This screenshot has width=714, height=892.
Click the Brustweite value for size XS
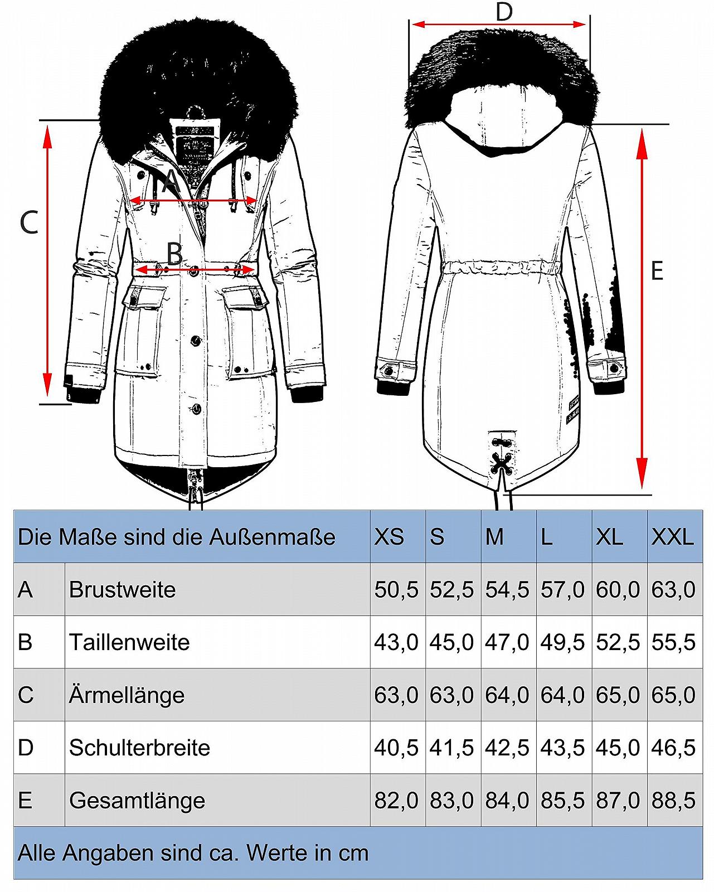coord(396,589)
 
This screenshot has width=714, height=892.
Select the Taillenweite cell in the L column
coord(562,642)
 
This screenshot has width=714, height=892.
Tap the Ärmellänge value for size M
coord(507,695)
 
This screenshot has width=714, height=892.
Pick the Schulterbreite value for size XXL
coord(673,748)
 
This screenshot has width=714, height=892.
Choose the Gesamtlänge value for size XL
coord(618,801)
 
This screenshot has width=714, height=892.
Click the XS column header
coord(388,537)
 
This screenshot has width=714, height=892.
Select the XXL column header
coord(672,537)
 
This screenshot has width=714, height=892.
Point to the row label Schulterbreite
coord(139,748)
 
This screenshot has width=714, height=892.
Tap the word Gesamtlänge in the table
coord(137,801)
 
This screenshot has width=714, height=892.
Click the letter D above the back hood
coord(504,12)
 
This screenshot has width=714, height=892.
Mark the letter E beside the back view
coord(657,270)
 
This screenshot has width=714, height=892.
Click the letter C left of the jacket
coord(29,222)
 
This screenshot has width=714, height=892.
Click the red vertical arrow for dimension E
coord(642,309)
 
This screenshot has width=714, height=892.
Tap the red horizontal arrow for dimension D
coord(498,25)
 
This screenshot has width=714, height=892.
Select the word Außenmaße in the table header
coord(272,537)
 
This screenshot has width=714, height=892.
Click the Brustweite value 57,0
coord(562,589)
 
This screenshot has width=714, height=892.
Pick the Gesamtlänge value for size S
coord(451,801)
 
